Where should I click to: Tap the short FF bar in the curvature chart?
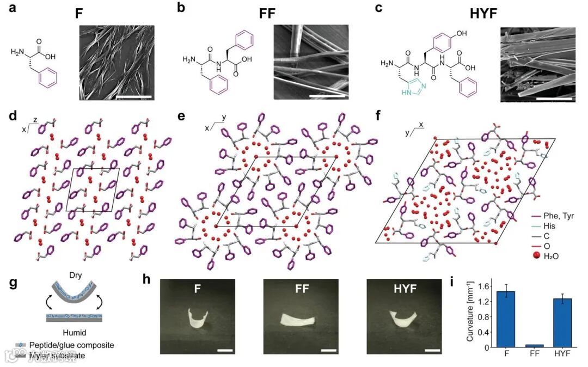pyautogui.click(x=535, y=345)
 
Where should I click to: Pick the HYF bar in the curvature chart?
pyautogui.click(x=563, y=322)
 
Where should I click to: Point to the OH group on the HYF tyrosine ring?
pyautogui.click(x=462, y=34)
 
